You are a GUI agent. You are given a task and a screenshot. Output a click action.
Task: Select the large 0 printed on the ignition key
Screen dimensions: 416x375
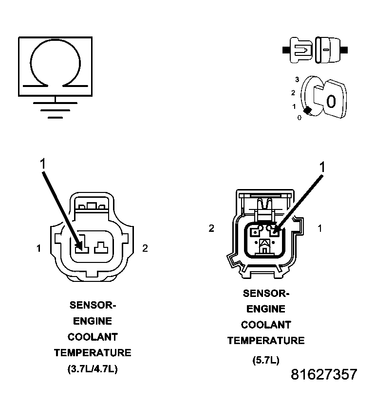331,102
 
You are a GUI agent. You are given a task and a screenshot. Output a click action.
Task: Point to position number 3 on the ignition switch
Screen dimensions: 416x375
297,79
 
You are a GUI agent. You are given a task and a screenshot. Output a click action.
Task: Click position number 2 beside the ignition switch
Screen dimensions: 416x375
293,92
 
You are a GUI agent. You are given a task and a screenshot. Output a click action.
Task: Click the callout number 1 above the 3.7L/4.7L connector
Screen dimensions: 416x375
42,164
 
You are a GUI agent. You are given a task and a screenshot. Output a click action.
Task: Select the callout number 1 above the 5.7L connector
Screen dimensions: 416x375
321,167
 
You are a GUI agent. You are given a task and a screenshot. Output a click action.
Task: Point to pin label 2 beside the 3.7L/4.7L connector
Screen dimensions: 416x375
145,249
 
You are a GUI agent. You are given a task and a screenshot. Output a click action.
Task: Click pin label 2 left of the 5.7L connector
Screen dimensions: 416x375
211,228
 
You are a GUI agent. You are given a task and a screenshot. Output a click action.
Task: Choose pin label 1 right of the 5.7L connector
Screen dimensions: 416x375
319,228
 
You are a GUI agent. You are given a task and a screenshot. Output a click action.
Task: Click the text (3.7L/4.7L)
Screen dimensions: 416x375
93,369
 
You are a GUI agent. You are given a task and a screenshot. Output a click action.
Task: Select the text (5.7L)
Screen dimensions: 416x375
265,360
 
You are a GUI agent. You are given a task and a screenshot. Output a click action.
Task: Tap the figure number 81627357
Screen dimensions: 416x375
324,375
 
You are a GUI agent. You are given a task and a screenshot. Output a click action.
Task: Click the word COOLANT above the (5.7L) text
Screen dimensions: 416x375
266,325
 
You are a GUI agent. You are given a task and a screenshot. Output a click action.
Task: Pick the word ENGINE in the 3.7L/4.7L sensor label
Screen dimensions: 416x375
93,321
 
